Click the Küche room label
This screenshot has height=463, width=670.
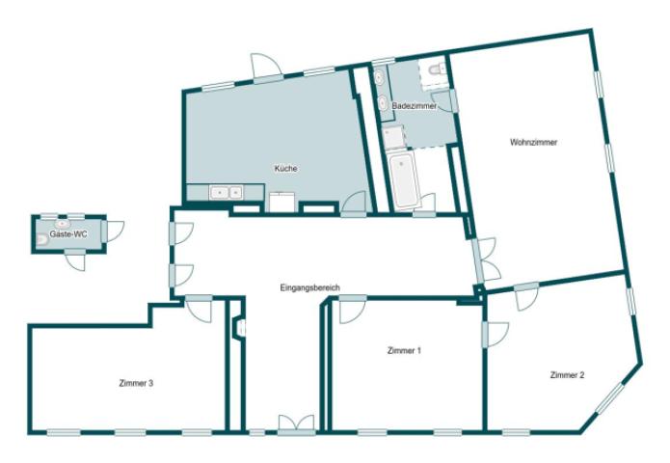coord(285,169)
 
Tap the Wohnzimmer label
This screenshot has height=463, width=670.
coord(534,143)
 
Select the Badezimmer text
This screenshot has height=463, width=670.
coord(415,105)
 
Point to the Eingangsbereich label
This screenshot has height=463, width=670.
coord(309,287)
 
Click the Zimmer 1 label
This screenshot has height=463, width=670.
coord(404,350)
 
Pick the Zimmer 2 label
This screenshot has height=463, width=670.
coord(567,375)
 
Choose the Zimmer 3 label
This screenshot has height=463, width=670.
coord(136,384)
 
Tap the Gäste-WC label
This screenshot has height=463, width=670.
coord(68,234)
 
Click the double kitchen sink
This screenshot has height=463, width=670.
coord(226,192)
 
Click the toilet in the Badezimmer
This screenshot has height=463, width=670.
coord(437,68)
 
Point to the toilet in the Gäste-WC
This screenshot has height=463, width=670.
coord(41,241)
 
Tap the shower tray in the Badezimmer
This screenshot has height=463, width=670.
coord(393,136)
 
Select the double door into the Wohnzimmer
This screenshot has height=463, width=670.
coord(486,259)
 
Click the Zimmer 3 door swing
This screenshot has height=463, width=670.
coord(200,309)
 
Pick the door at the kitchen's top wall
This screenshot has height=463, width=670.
coord(267,68)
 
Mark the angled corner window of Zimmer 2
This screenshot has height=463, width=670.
coord(610,398)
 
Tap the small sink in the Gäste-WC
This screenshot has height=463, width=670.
coord(62,224)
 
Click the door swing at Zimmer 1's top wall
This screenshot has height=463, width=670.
coord(353,310)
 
